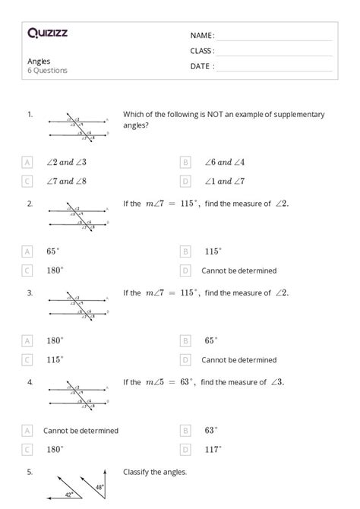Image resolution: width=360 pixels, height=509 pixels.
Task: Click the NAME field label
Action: point(202,36)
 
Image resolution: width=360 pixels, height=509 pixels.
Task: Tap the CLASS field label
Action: point(202,51)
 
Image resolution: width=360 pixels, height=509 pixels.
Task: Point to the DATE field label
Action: point(202,66)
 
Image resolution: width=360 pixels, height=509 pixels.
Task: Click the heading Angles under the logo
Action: point(39,60)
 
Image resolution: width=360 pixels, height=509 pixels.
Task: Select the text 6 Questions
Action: point(47,71)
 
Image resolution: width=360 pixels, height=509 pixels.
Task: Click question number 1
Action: point(30,114)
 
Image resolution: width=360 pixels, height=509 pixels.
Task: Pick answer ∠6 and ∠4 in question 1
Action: point(224,162)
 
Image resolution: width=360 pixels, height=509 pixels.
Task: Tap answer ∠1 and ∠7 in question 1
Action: point(224,182)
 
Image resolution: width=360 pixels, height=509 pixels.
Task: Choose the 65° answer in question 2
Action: point(52,251)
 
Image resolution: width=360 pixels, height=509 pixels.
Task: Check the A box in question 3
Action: point(27,340)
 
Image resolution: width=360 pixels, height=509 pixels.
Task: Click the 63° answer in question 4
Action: point(210,430)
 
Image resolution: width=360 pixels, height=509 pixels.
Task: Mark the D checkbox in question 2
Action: point(185,270)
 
